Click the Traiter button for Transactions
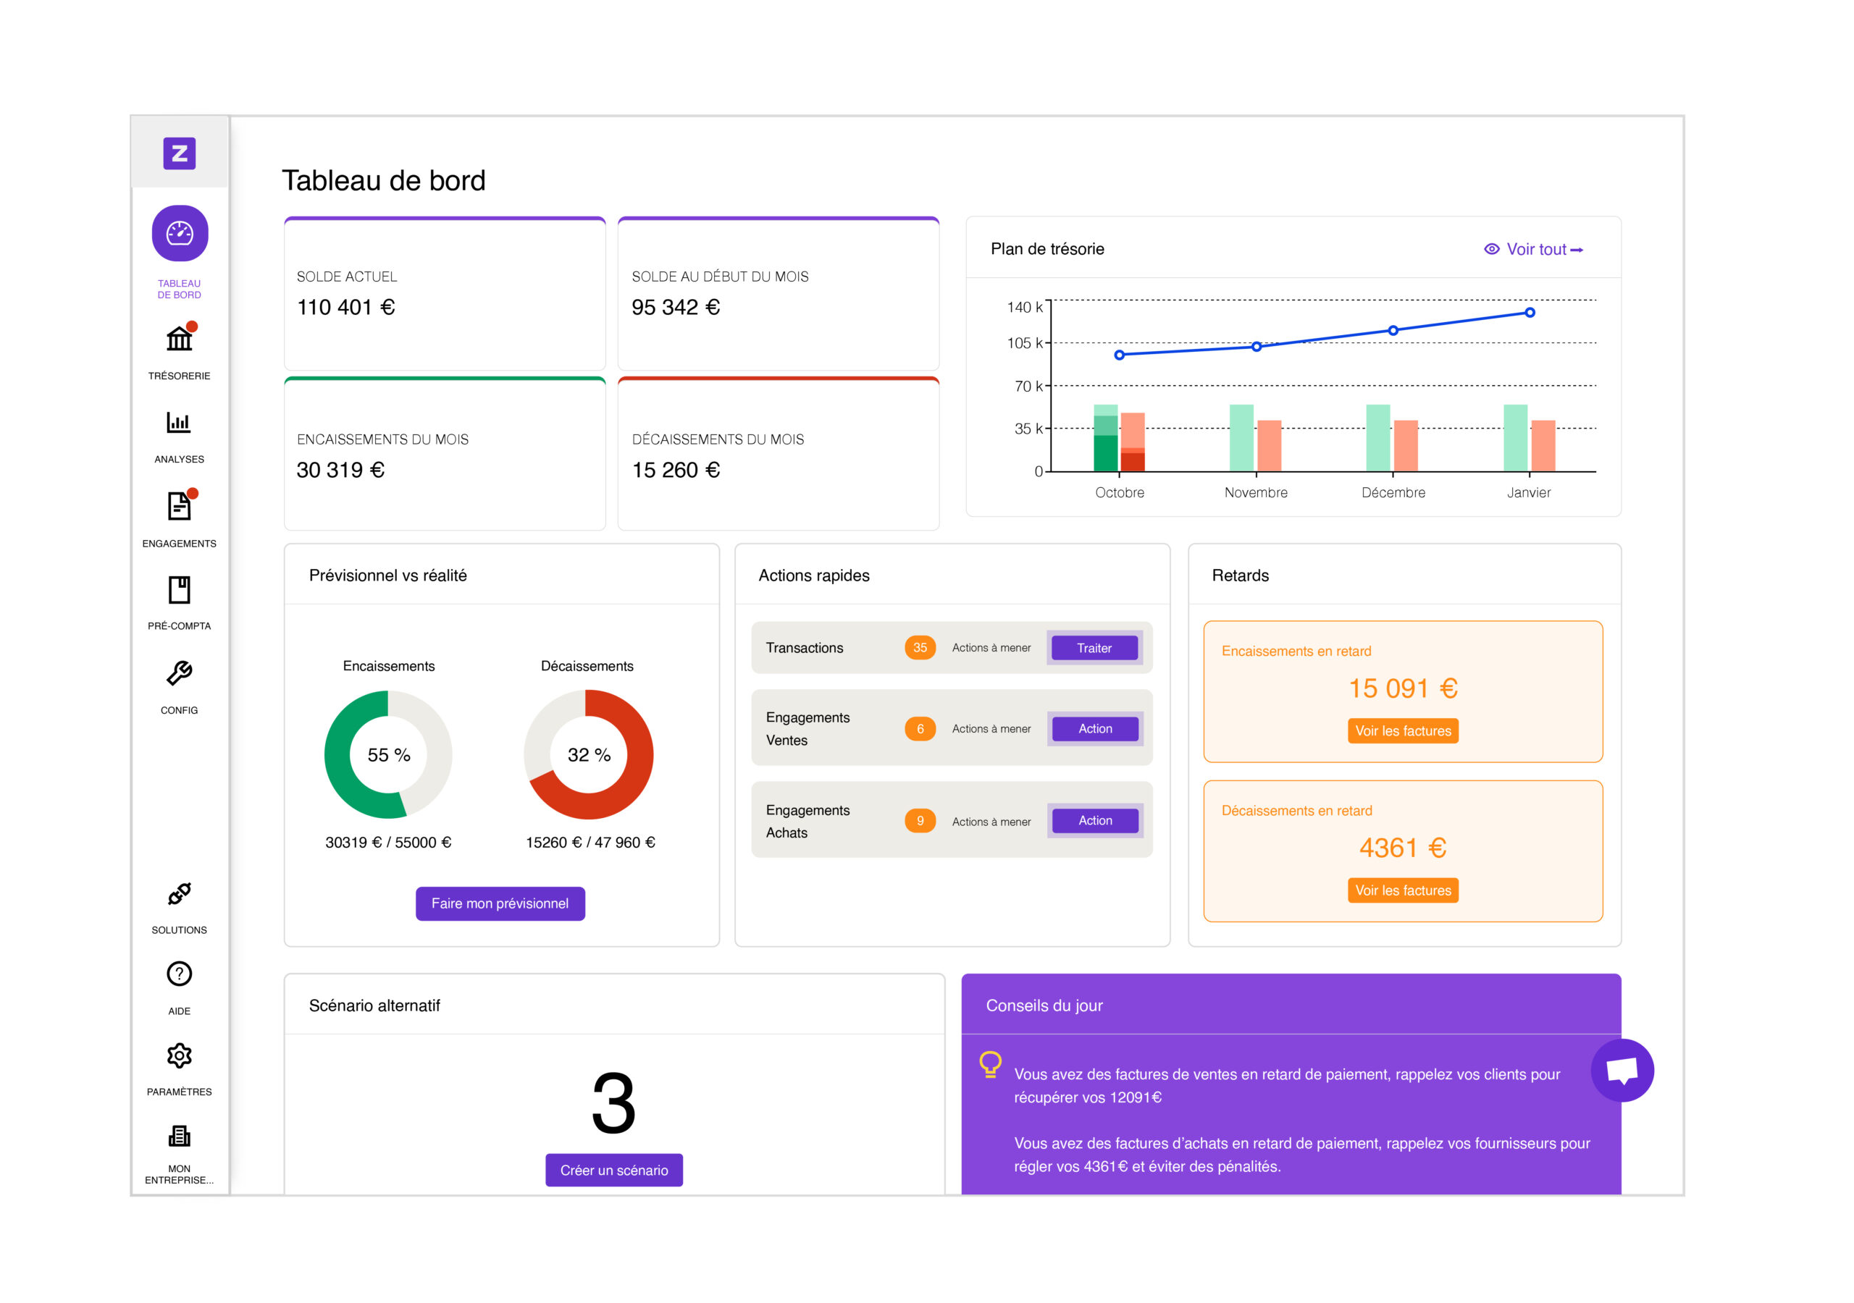pos(1094,649)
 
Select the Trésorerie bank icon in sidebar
pos(180,339)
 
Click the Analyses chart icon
pos(180,422)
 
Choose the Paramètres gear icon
pos(180,1056)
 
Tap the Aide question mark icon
pos(180,974)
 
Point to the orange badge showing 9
pos(920,821)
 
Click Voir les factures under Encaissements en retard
pos(1403,730)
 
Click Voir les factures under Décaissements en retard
pos(1403,890)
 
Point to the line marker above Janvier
pos(1530,313)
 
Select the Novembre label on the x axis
pos(1256,492)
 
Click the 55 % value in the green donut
pos(388,755)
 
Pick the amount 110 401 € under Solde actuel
pos(345,308)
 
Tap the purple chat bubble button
pos(1622,1071)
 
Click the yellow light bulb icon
pos(990,1064)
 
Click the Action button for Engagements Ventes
pos(1095,729)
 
